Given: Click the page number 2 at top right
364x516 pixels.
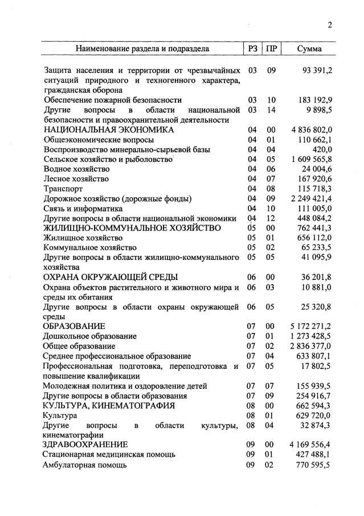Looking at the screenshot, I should [330, 25].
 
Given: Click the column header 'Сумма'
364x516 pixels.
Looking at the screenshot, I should [309, 49].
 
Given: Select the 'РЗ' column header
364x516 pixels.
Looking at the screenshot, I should [252, 49].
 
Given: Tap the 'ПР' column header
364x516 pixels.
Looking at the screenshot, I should [271, 49].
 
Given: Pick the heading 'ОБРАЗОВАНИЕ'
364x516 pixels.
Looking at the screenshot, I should [74, 327].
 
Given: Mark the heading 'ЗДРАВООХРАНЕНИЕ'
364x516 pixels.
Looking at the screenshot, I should [85, 444].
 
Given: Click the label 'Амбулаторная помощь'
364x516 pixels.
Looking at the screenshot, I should [84, 465].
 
